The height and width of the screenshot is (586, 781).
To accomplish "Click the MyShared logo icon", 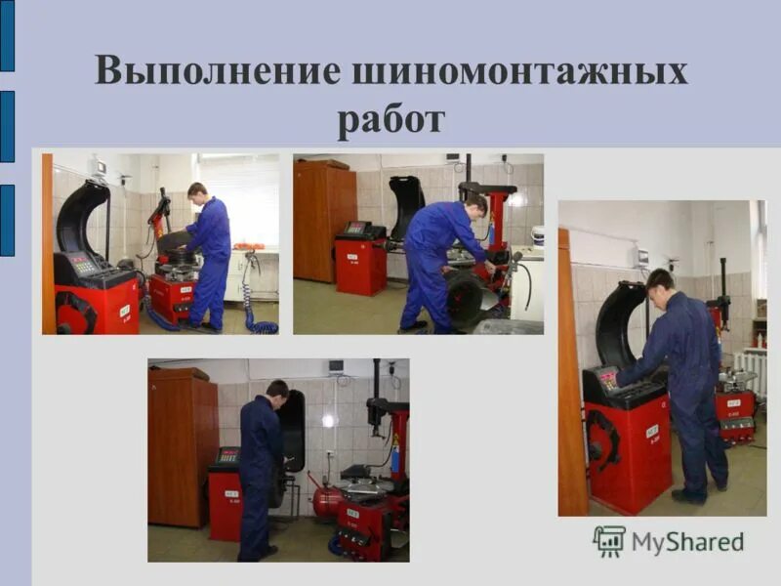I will click(609, 541).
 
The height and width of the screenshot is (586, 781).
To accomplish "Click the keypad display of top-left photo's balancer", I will click(84, 265).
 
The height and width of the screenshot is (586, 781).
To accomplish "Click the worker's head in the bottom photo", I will click(277, 390).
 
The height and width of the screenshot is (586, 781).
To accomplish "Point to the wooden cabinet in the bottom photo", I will click(183, 449).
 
